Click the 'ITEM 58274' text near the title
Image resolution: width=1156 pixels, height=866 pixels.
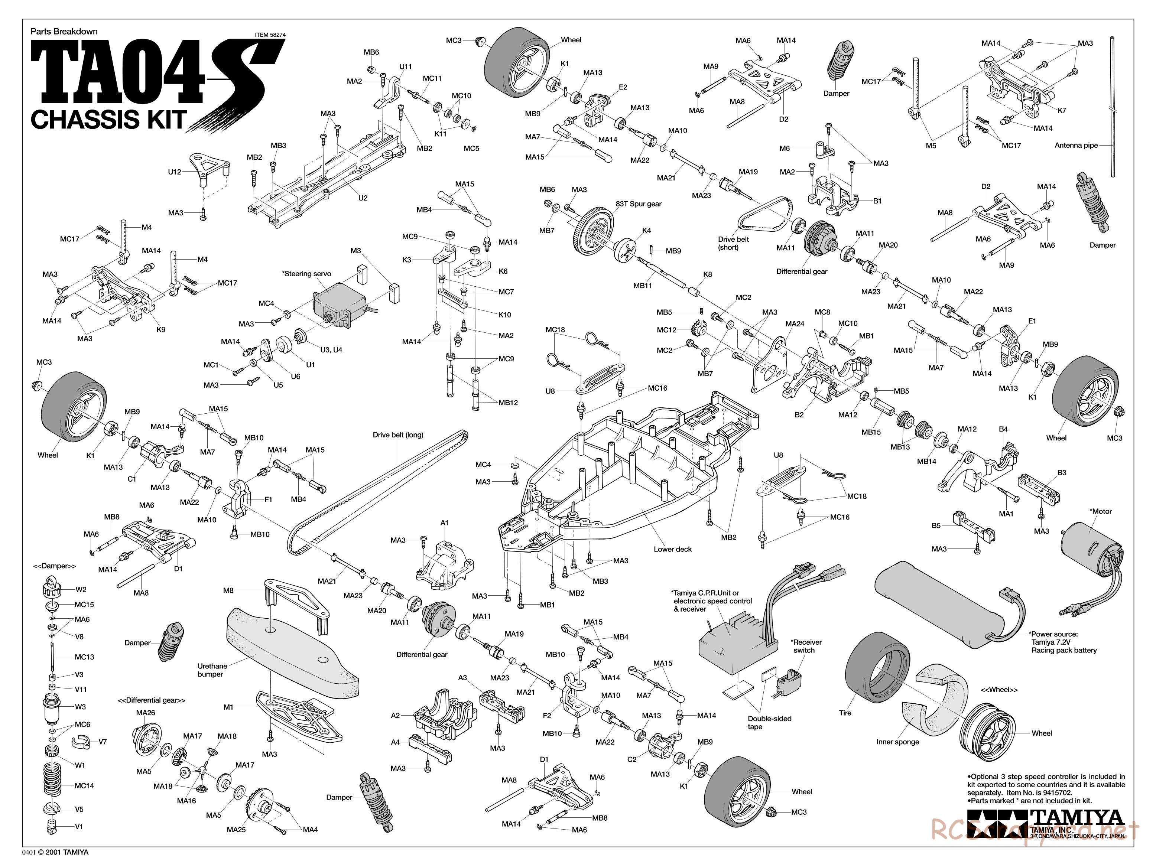coord(270,35)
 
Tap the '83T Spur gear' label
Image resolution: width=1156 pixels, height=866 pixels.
coord(638,204)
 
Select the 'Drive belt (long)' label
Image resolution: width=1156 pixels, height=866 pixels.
coord(398,434)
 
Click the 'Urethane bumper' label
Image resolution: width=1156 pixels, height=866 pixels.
coord(212,670)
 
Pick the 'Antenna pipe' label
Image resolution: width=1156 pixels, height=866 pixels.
coord(1076,145)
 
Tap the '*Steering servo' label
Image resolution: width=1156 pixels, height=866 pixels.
coord(307,274)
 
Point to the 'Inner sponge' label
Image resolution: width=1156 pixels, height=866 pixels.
coord(897,742)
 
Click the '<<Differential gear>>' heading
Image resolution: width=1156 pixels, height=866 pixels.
coord(152,700)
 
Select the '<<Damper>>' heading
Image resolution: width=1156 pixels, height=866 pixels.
coord(54,566)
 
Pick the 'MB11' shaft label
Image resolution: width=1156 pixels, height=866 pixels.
coord(642,286)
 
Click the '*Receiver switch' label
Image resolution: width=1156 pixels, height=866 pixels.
coord(806,646)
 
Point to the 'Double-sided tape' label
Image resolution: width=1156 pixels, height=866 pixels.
coord(769,723)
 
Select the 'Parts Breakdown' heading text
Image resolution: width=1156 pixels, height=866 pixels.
coord(64,31)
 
